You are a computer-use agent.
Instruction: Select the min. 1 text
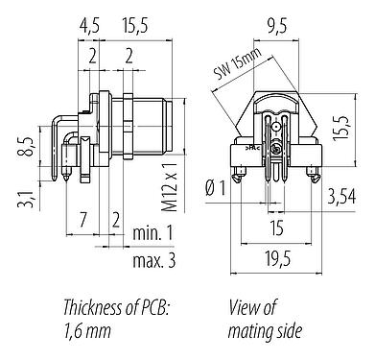(x=153, y=233)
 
